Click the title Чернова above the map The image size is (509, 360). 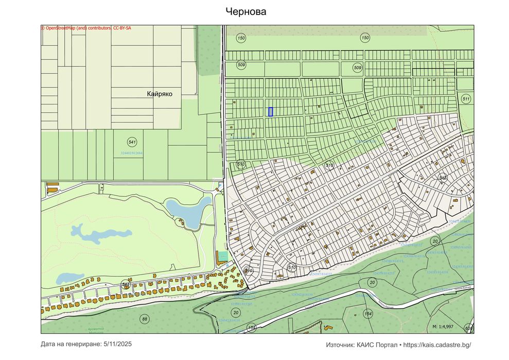pos(246,11)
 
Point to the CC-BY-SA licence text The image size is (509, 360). pos(121,28)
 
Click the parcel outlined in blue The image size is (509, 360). pos(270,111)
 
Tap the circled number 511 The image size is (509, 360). pos(466,98)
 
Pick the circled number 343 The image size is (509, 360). pos(442,178)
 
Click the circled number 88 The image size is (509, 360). pos(145,319)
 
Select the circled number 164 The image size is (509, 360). pos(367,314)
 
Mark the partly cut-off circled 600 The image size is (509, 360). pos(469,328)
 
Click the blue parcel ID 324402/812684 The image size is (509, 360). pos(131,153)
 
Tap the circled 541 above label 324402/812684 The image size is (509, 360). pos(132,142)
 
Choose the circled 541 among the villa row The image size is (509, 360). pos(126,284)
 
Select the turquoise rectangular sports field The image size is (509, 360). pos(222,255)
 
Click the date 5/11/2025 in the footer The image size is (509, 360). pos(118,344)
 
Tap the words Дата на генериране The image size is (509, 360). pos(71,344)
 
